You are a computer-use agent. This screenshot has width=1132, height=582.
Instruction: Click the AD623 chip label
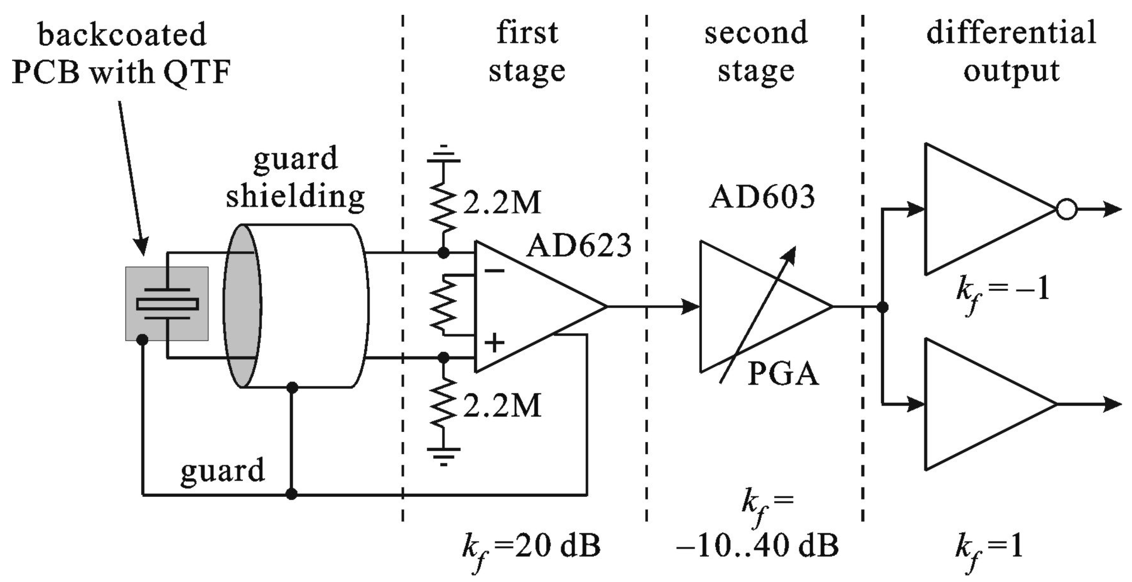[578, 245]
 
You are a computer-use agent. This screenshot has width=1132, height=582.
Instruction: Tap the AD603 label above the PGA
[762, 197]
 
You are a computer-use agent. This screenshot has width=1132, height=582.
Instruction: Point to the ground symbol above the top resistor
[443, 155]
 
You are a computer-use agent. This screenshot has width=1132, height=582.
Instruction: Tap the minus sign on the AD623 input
[494, 270]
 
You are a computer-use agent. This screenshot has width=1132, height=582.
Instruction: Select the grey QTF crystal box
[167, 304]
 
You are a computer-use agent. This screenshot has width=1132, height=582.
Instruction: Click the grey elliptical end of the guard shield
[242, 306]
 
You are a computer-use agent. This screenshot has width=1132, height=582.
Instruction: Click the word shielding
[295, 196]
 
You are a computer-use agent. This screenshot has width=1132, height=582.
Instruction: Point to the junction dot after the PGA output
[882, 306]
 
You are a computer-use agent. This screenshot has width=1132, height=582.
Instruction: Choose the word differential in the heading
[1011, 33]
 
